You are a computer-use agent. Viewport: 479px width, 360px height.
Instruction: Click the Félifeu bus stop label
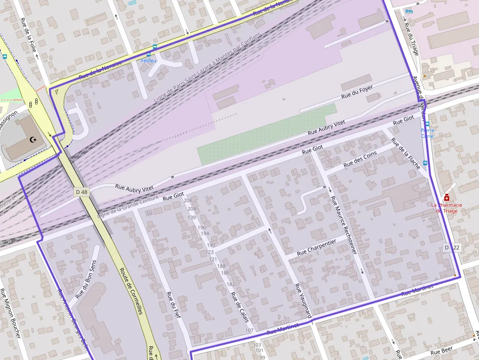pos(149,61)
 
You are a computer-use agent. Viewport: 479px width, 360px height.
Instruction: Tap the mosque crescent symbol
pos(33,140)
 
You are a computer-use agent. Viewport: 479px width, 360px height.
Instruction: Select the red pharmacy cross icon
pos(446,197)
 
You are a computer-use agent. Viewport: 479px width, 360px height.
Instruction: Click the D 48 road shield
pos(82,192)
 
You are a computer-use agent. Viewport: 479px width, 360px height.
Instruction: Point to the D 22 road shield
pos(452,248)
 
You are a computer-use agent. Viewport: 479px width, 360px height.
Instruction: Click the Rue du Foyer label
pos(357,92)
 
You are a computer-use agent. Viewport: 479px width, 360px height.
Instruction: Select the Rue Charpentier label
pos(316,247)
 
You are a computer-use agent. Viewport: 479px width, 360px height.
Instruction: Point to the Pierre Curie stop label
pos(427,133)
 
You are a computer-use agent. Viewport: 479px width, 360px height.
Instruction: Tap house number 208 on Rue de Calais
pos(188,201)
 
